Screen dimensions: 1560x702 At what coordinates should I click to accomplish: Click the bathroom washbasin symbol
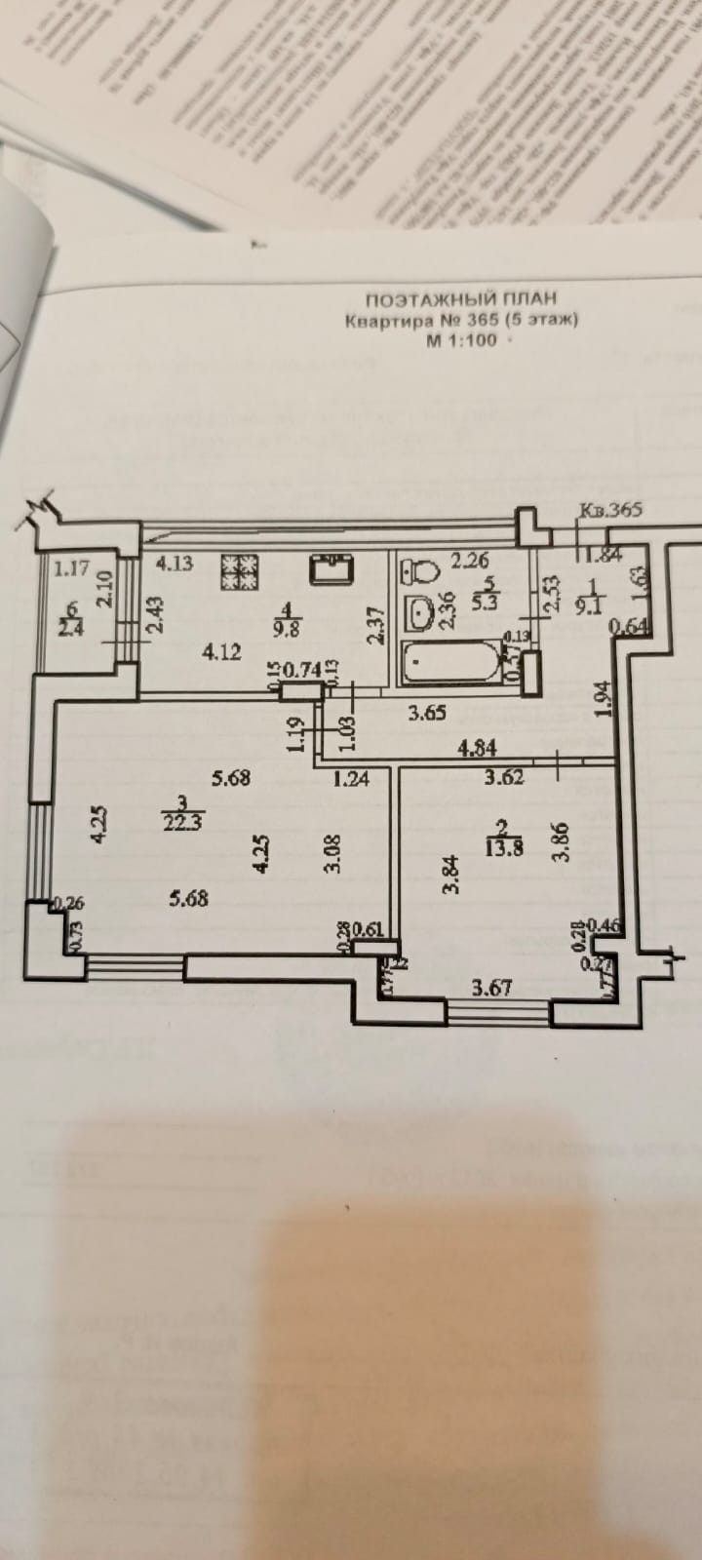[421, 613]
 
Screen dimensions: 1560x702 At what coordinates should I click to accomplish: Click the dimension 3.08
[331, 854]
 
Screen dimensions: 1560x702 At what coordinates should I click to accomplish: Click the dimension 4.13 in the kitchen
[175, 562]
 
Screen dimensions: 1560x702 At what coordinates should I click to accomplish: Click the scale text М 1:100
[460, 340]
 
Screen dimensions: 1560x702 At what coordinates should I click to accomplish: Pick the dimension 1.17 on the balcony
[71, 565]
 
